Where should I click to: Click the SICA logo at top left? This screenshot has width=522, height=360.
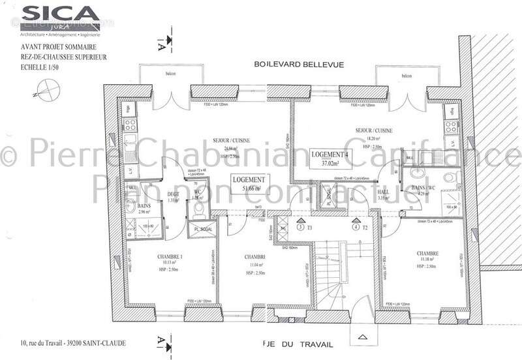[x=59, y=14]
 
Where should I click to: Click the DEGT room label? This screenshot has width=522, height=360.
[x=173, y=194]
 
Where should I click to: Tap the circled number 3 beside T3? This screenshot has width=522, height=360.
[x=299, y=228]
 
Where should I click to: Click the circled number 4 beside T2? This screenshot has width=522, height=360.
[x=355, y=228]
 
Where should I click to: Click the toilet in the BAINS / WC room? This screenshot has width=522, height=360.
[x=450, y=177]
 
